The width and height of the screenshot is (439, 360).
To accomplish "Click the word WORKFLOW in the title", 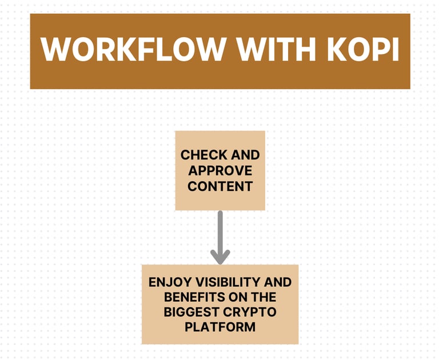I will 133,50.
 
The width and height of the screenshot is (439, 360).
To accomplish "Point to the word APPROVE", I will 220,170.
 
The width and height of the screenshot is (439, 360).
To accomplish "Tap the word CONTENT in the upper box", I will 220,186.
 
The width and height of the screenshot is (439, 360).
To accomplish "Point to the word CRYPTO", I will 249,312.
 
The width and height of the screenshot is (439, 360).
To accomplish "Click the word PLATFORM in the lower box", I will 220,327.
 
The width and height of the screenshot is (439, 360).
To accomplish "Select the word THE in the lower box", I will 263,297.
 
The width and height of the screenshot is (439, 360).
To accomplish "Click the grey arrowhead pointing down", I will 220,256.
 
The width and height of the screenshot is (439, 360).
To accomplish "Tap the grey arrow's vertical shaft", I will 220,229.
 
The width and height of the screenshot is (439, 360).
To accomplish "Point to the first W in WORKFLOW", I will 57,50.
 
